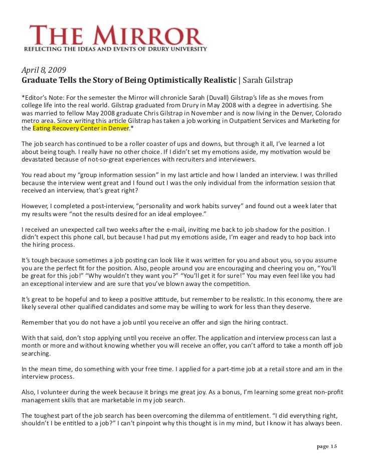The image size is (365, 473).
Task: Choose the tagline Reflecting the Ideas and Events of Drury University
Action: [x=115, y=49]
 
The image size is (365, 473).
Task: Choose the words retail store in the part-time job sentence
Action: [x=266, y=369]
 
